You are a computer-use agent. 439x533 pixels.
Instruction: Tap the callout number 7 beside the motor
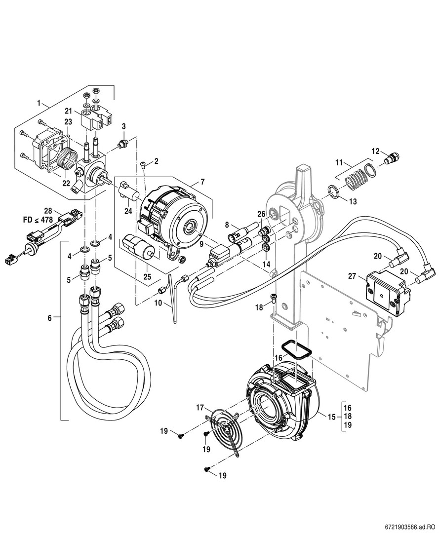(202, 183)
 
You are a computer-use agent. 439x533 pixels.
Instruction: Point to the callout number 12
(375, 151)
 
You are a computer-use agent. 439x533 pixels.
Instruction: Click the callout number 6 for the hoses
(49, 319)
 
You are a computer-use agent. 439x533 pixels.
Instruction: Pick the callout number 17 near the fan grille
(200, 407)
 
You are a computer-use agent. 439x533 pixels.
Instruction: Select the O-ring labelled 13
(333, 191)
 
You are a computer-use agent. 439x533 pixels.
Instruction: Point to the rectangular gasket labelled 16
(295, 349)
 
